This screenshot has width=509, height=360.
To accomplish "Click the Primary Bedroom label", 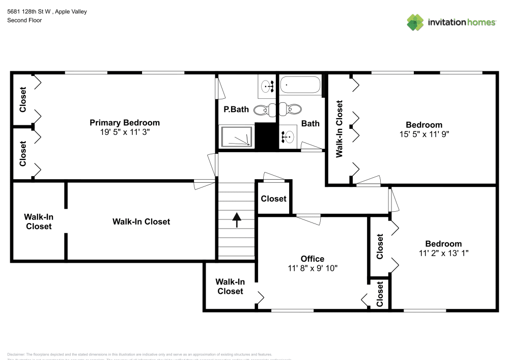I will tap(125, 123).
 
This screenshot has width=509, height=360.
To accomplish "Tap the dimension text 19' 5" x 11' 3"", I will tap(125, 131).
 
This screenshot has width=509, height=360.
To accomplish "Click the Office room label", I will tap(312, 259).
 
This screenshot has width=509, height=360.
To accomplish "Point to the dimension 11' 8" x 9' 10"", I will tap(312, 268).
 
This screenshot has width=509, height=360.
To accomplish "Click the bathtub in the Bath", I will tap(300, 85).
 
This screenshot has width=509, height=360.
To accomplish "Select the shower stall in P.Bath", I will tap(236, 137).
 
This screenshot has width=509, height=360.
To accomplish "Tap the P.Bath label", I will tap(236, 109).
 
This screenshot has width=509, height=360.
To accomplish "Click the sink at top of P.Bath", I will tap(267, 86).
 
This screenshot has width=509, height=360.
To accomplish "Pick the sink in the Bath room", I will tap(288, 136).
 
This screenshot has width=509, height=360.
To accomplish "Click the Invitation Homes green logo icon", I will tap(415, 22).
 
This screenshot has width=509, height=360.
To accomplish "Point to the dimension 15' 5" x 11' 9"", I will tap(423, 134).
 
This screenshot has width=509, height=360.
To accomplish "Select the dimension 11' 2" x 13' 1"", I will tap(443, 253).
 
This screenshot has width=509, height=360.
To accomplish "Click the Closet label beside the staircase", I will tap(274, 199).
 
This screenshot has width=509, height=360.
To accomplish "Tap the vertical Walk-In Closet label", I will tap(340, 128).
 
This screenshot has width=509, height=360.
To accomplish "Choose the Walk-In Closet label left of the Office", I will tap(230, 287).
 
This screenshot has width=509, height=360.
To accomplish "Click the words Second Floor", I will tap(24, 20).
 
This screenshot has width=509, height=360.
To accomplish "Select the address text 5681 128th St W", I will tap(31, 11).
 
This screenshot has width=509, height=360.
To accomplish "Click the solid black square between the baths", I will tap(266, 136).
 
